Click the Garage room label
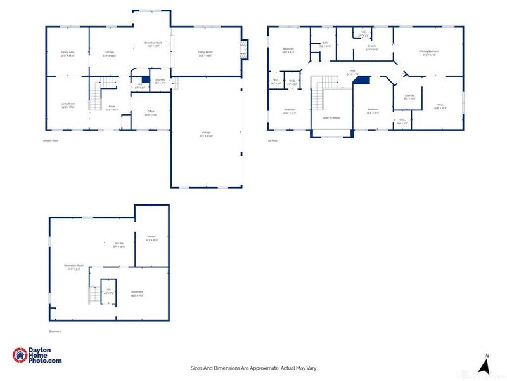click(206, 133)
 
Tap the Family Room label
click(205, 54)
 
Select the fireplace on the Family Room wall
click(241, 50)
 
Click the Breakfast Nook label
click(153, 44)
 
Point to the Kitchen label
click(110, 54)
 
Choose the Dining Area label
click(68, 54)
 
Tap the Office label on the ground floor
click(150, 114)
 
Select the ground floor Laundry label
click(160, 81)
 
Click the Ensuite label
click(373, 48)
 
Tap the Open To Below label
click(331, 118)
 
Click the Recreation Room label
click(74, 267)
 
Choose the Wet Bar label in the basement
click(119, 244)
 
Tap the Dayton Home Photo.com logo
click(37, 356)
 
